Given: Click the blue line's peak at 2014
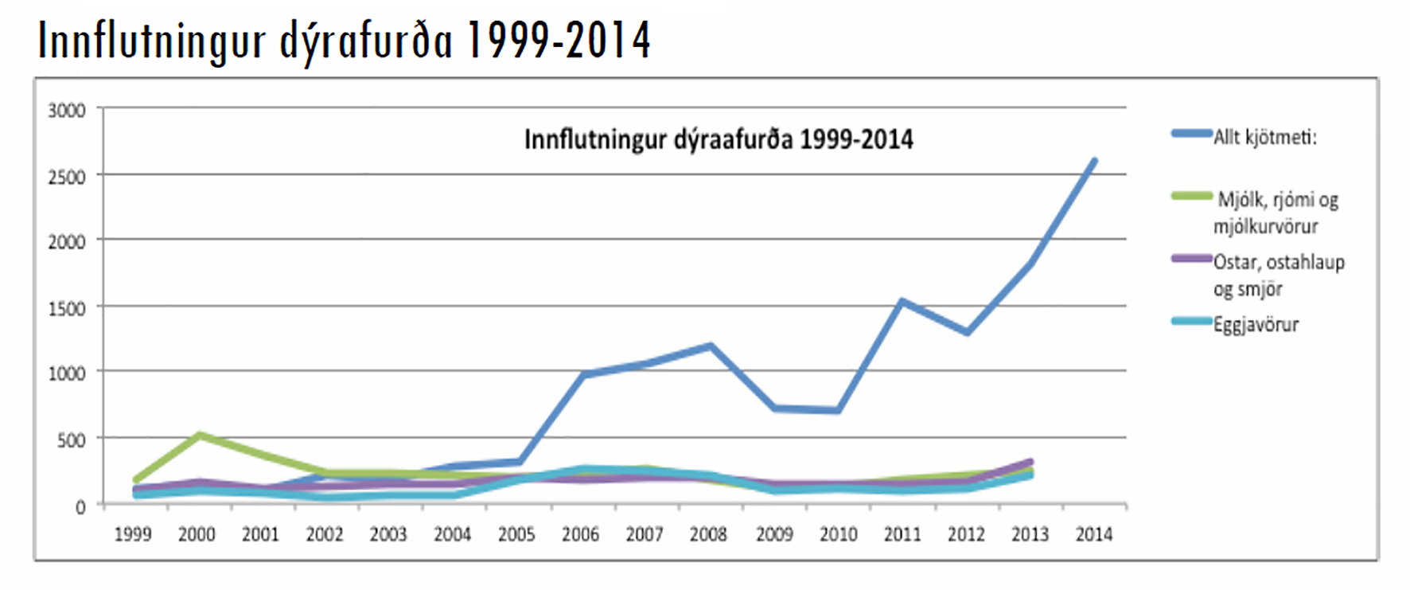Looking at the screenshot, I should pos(1094,161).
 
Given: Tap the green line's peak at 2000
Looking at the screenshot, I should pos(199,435).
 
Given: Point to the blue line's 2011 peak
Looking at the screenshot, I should pos(902,301).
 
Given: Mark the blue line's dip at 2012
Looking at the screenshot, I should pos(967,332).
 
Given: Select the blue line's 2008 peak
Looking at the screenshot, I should pos(710,346).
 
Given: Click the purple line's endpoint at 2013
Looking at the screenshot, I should pos(1030,462).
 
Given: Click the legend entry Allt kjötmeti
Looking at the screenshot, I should pos(1264,137).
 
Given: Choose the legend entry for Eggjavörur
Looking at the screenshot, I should pos(1255,324).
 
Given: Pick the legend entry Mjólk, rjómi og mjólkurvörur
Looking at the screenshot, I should pos(1276,213).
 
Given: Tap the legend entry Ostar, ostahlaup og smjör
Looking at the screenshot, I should pos(1278,275).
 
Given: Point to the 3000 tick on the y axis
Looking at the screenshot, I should pos(67,111).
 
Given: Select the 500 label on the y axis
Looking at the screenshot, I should pos(71,440).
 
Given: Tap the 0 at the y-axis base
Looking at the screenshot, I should pos(80,507).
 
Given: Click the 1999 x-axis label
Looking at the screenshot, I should pos(133,534).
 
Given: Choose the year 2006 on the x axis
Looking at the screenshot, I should pos(580,534).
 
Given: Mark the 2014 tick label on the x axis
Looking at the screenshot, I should pos(1094,534).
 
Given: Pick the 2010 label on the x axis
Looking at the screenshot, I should pos(839,534).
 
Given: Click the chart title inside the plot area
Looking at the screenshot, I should pos(719,140).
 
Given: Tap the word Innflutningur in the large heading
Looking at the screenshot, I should pos(151,41).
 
